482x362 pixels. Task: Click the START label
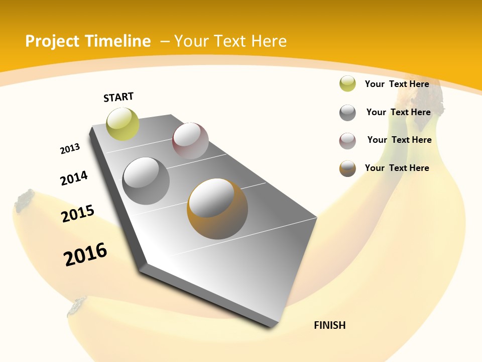(x=118, y=97)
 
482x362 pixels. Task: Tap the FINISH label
(x=329, y=325)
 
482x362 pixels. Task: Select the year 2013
(x=70, y=149)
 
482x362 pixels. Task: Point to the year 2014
(x=74, y=178)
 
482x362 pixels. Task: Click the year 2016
(x=85, y=254)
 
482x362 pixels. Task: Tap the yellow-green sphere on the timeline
(x=123, y=124)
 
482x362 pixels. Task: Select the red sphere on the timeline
(x=190, y=140)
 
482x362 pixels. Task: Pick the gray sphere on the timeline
(x=146, y=180)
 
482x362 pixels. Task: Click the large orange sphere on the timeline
(x=217, y=209)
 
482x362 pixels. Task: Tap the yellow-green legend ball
(x=347, y=84)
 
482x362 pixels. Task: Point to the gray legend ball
(x=347, y=113)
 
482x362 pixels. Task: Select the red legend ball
(x=347, y=141)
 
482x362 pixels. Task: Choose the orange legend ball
(x=347, y=168)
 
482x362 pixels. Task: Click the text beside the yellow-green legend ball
(x=397, y=84)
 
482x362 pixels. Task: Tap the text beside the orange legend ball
(x=397, y=168)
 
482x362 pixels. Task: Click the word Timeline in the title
(x=118, y=41)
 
